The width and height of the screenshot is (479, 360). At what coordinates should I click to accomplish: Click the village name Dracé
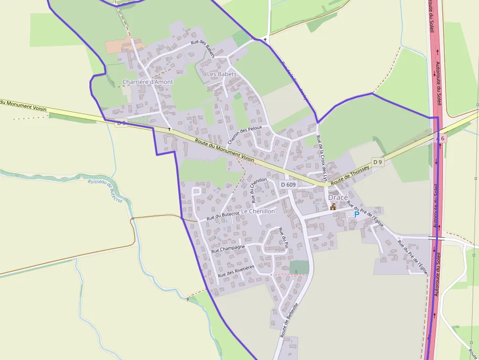tap(338, 197)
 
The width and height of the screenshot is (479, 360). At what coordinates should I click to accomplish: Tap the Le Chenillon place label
tap(258, 212)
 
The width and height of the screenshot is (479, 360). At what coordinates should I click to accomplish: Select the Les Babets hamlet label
tap(222, 74)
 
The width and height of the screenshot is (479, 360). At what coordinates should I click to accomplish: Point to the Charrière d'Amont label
tap(148, 82)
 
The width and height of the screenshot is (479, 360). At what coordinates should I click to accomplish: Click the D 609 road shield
tap(288, 185)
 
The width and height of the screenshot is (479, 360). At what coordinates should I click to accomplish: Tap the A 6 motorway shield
tap(441, 139)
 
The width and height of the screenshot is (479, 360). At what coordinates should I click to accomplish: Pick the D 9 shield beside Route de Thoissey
tap(377, 162)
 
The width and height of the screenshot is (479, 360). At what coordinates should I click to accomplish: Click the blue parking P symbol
tap(356, 214)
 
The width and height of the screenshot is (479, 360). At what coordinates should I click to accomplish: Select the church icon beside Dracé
tap(333, 207)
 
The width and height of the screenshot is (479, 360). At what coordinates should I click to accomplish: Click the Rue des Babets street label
tap(203, 48)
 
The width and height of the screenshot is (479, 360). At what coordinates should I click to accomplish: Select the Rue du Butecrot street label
tap(223, 215)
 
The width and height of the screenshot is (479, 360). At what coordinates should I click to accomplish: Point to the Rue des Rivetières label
tap(237, 271)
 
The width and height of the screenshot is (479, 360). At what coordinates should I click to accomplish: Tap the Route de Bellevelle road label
tap(289, 320)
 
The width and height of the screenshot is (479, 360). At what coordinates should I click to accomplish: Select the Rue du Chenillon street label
tap(259, 190)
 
